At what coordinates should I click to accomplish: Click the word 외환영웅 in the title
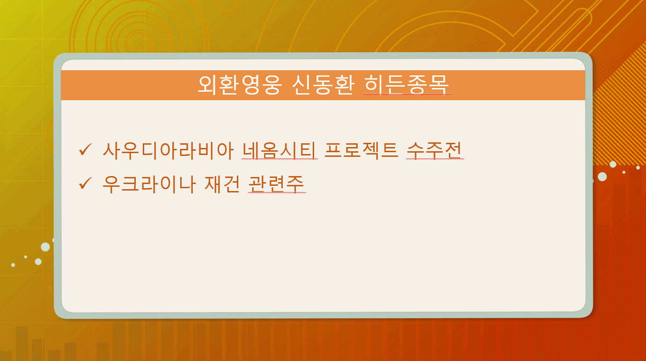click(240, 85)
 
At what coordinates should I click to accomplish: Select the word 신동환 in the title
click(323, 85)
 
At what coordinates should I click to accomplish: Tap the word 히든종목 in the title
click(407, 85)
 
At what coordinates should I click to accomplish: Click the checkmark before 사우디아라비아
click(85, 149)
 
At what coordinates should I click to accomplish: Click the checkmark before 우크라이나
click(85, 183)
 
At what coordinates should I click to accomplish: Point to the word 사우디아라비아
click(168, 151)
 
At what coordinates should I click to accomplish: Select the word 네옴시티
click(279, 151)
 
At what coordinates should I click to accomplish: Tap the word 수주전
click(434, 150)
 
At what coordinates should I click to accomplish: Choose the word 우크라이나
click(149, 184)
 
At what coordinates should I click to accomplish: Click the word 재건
click(222, 184)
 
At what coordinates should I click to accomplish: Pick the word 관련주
click(276, 184)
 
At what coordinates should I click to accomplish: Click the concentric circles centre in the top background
click(139, 44)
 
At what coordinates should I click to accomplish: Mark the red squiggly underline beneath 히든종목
click(407, 94)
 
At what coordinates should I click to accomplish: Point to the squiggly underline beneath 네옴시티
click(279, 159)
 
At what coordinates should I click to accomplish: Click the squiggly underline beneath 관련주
click(277, 192)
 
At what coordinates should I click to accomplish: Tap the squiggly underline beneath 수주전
click(435, 159)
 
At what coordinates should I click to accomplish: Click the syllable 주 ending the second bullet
click(295, 184)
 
